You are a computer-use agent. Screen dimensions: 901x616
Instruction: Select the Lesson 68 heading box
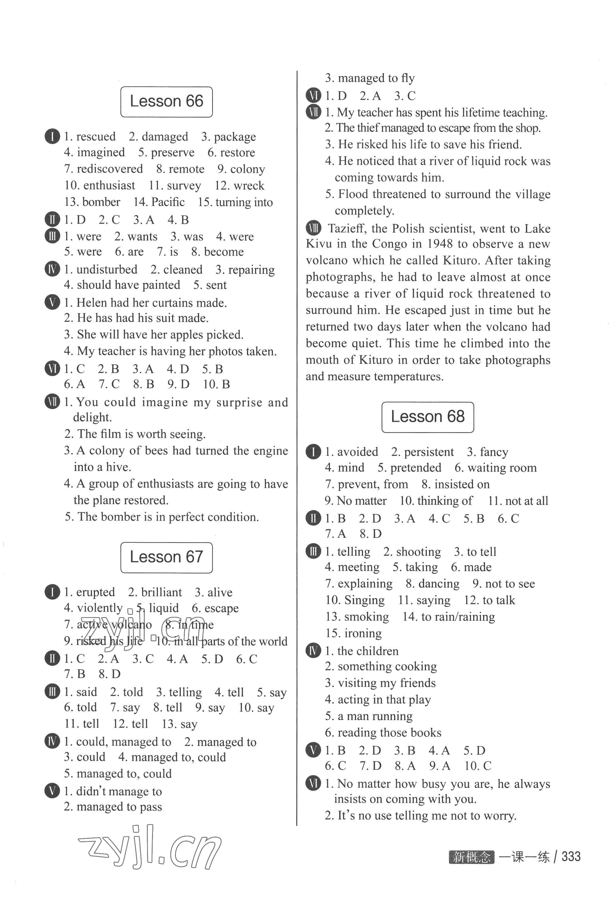[428, 417]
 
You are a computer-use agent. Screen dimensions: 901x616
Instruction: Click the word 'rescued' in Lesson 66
[96, 136]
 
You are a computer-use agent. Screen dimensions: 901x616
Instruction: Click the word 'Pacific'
[168, 202]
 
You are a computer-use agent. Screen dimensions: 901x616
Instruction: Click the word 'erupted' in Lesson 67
[95, 592]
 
